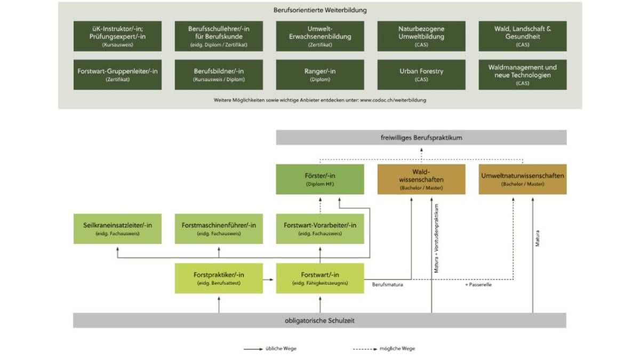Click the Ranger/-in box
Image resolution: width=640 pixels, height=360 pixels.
(320, 74)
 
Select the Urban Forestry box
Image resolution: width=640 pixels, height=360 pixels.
(421, 74)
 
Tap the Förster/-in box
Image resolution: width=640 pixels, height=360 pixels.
(320, 179)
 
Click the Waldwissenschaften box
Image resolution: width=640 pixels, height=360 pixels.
(421, 179)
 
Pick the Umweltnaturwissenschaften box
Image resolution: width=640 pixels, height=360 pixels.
(523, 179)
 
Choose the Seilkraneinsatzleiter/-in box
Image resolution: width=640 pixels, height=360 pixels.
(118, 229)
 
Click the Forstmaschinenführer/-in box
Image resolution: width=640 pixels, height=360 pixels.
(219, 229)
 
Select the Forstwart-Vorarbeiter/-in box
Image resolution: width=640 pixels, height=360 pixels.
(320, 229)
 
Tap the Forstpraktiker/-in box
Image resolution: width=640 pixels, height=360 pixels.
(219, 278)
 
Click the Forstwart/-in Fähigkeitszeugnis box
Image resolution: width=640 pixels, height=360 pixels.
(320, 278)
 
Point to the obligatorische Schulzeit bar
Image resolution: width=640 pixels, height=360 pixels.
(320, 320)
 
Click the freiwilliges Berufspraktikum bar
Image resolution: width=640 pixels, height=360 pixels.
(421, 138)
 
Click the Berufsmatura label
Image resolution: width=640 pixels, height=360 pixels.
(387, 285)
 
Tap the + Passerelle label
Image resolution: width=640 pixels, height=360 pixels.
(478, 285)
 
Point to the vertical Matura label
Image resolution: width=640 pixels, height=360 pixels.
(538, 238)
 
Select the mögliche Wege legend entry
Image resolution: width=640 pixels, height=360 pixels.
(397, 348)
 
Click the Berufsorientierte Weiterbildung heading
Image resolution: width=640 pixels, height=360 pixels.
(320, 10)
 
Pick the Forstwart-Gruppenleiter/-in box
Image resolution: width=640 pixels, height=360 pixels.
(118, 74)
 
